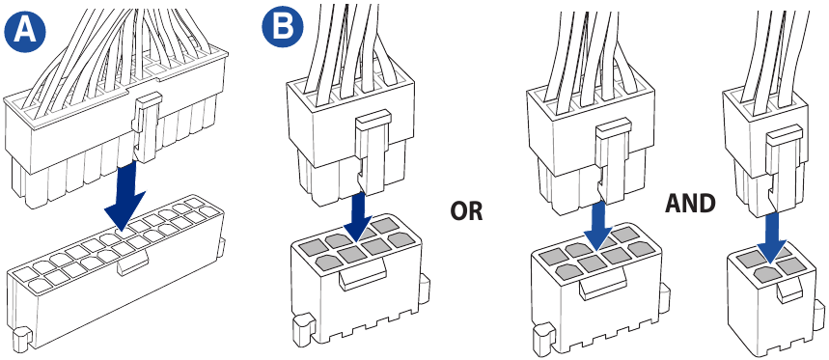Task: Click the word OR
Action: point(467,211)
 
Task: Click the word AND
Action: point(692,204)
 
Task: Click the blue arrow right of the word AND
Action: point(773,234)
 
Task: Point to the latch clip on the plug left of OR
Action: point(371,145)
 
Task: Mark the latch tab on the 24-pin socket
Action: point(132,267)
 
